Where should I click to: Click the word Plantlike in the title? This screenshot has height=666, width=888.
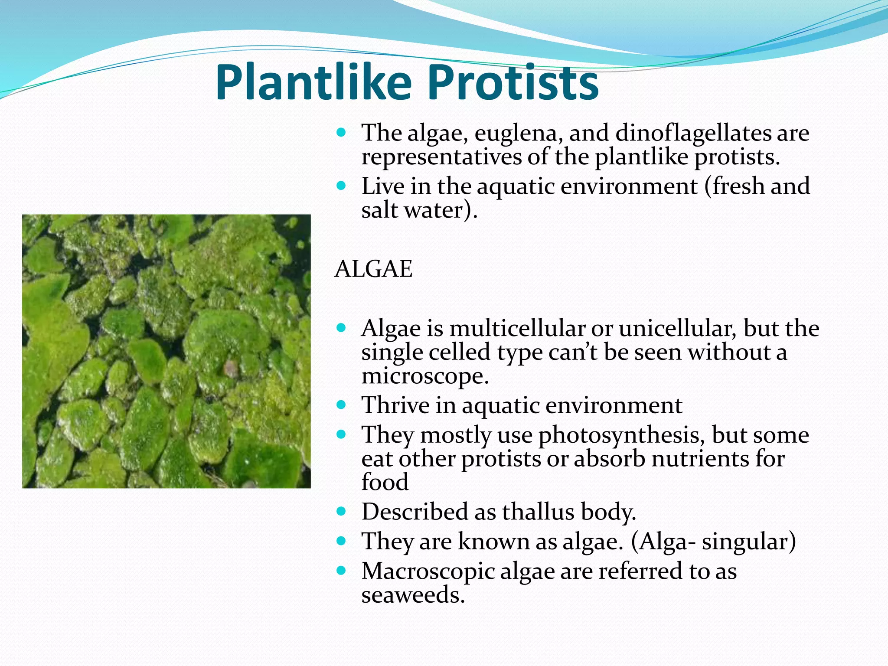click(x=313, y=82)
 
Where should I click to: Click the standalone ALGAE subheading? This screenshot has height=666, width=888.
click(x=373, y=269)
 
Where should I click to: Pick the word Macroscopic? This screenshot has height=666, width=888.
click(x=428, y=571)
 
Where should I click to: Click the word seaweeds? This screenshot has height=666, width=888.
click(x=413, y=595)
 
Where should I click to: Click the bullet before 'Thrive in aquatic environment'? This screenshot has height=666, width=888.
click(x=341, y=405)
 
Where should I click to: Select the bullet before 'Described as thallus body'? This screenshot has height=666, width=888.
click(x=341, y=512)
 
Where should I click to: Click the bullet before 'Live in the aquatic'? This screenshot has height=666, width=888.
click(x=341, y=186)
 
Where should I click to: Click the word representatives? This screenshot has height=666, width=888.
click(x=441, y=157)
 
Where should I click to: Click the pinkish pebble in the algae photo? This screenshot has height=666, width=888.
click(x=231, y=369)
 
